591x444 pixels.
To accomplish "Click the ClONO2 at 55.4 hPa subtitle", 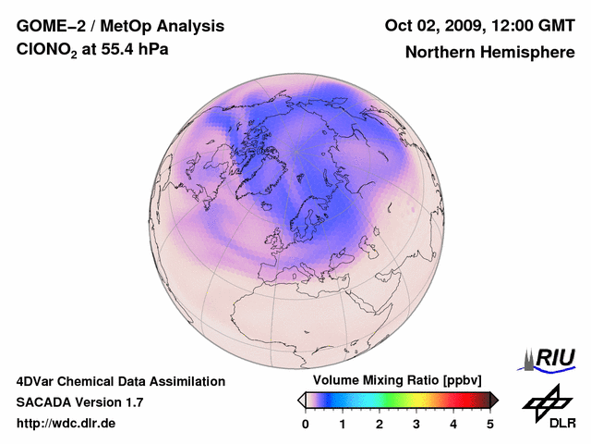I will coord(92,50).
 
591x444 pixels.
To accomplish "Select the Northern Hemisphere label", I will coord(488,52).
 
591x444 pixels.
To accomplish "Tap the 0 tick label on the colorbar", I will coord(306,424).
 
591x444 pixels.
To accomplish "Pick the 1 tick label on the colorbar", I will coord(343,424).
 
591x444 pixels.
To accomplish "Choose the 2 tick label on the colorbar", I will coord(380,424).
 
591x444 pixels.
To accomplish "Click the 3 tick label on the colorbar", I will coord(416,424).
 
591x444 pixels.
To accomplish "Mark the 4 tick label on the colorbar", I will coord(453,424).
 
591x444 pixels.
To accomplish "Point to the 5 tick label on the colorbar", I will coord(490,424).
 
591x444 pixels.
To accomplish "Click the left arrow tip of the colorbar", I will coord(300,400).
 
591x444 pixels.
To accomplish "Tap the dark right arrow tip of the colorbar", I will coord(495,400).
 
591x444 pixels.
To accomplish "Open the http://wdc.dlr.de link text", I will coord(66,424).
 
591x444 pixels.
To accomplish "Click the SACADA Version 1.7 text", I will coord(79,402).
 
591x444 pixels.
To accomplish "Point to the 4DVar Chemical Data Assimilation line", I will coord(120,381).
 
